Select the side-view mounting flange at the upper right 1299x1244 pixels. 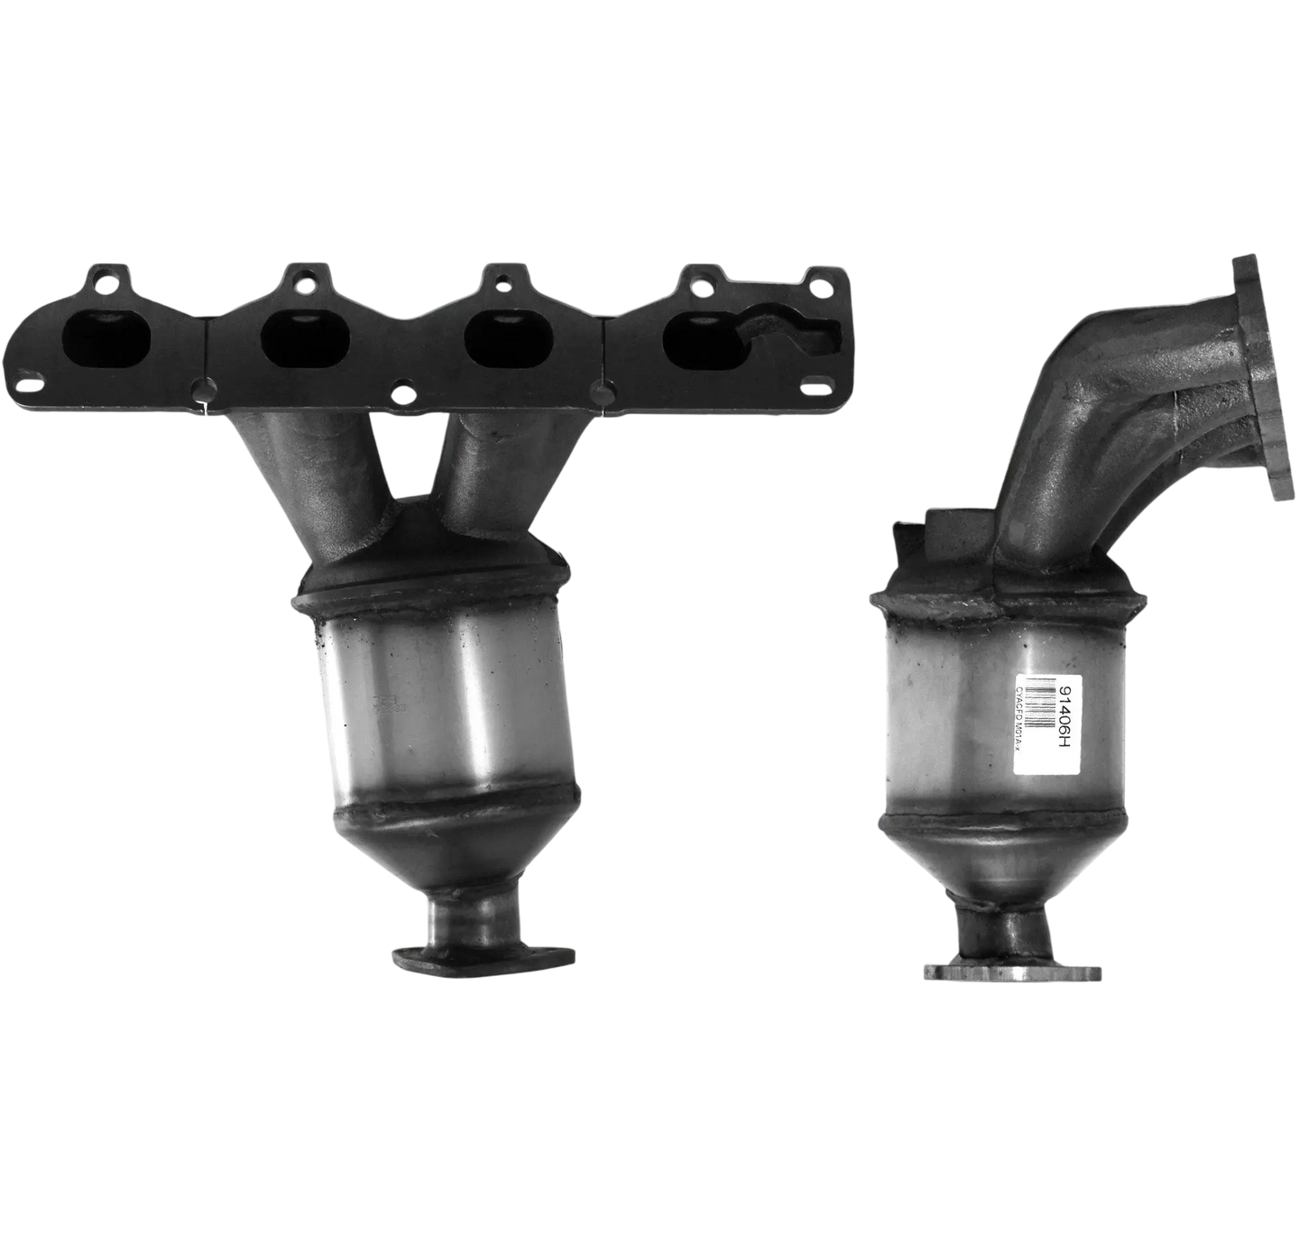pos(1259,379)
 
